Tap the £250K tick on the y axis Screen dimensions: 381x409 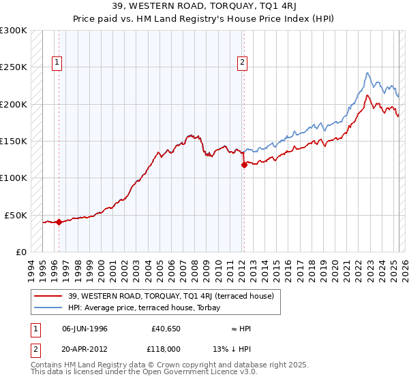14,67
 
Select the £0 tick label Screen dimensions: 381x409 20,252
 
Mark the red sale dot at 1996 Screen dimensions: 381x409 59,221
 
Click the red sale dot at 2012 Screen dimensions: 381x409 244,164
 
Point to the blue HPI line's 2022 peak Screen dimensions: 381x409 367,73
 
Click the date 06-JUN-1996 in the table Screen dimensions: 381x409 84,329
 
